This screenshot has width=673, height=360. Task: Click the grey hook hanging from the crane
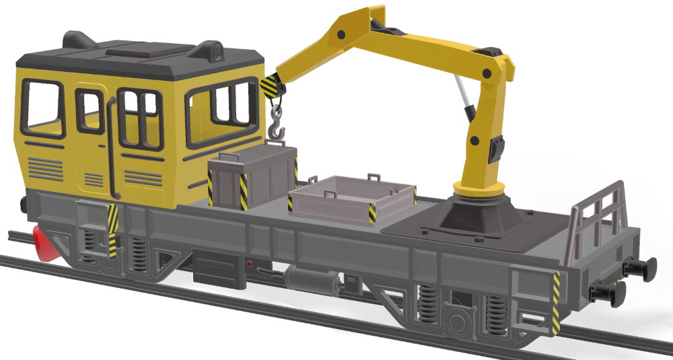277,125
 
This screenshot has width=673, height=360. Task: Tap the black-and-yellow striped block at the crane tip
269,85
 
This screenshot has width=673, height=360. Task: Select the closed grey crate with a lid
250,179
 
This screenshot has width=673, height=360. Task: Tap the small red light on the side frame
250,264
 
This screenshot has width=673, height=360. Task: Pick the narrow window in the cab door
89,111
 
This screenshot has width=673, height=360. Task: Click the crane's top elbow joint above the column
497,64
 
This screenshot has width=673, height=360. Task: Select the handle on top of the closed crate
276,145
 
